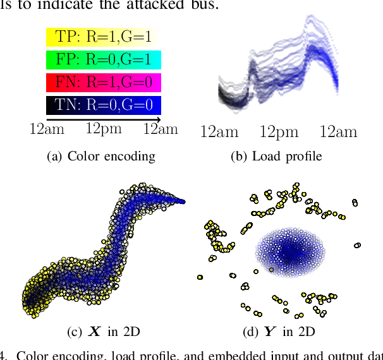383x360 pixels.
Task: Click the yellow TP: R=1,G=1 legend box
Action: (x=104, y=37)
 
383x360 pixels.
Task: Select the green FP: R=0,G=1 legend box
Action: (x=104, y=60)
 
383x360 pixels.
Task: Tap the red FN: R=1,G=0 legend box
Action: (x=104, y=83)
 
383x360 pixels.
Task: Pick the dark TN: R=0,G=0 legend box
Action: (x=104, y=105)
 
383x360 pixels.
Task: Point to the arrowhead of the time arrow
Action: (x=158, y=119)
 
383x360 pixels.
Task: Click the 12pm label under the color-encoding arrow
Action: (x=104, y=129)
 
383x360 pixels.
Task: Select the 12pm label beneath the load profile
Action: (x=279, y=132)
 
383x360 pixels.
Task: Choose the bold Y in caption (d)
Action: (x=271, y=330)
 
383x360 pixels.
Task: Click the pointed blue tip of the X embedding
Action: (x=184, y=201)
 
